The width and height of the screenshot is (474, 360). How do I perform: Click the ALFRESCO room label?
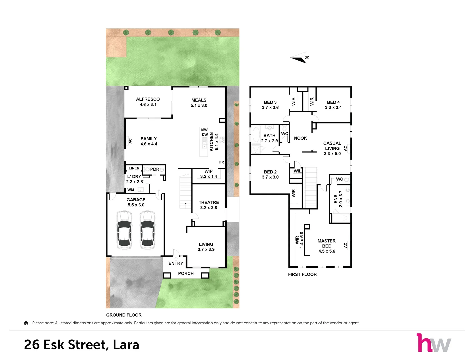coord(148,99)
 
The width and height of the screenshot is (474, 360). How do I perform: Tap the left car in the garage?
coord(124,230)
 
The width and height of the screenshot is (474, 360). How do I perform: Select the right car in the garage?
coord(148,230)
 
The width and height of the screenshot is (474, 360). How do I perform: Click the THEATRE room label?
coord(209,202)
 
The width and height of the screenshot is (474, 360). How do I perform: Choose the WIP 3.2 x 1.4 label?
coord(208,174)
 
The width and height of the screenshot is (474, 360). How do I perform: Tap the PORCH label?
coord(186,274)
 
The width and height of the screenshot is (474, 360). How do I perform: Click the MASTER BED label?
coord(327,244)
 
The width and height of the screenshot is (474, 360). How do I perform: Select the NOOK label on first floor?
coord(301,138)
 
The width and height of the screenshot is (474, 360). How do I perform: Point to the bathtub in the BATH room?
coord(256,135)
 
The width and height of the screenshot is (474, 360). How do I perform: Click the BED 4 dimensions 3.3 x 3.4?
coord(333,107)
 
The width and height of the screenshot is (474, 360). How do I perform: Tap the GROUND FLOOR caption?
coord(124,315)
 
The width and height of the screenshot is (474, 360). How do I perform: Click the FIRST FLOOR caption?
coord(302,274)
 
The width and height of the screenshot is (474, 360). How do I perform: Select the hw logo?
coord(434,343)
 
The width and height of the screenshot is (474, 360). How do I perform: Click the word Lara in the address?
coord(126,345)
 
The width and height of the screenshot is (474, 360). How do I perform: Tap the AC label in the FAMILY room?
coord(130,141)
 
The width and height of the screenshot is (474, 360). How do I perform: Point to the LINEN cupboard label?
coord(134,168)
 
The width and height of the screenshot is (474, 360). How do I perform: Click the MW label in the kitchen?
coord(204,130)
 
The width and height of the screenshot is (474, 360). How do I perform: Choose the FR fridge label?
coord(222,162)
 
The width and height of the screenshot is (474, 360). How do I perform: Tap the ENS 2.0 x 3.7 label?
coord(338,199)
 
